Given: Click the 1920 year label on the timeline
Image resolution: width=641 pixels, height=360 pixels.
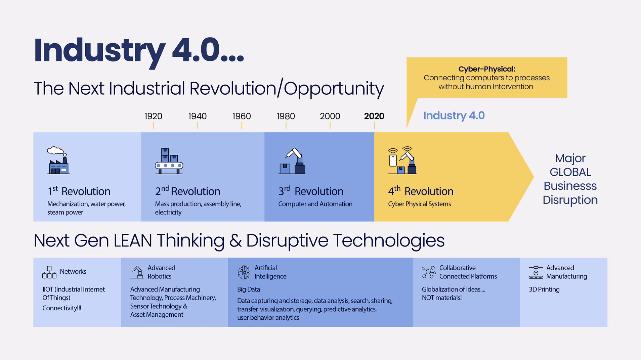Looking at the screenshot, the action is coord(153,116).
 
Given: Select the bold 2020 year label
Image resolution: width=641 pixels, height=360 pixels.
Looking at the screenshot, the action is coord(374,116).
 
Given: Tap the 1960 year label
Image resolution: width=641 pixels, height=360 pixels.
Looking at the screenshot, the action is coord(242,116).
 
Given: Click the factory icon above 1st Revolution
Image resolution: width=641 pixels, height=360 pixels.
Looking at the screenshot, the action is coord(58,161).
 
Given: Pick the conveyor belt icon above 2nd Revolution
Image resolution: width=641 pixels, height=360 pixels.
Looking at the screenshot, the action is coord(169,161).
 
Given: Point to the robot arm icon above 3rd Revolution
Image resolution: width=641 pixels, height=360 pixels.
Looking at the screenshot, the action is coord(292,161).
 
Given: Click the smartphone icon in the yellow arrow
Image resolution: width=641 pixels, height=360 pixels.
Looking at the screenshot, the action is coord(393,160).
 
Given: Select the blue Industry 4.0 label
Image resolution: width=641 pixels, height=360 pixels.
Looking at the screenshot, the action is coord(454,116).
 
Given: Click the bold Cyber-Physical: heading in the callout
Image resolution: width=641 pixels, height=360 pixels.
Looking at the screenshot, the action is coord(487,69).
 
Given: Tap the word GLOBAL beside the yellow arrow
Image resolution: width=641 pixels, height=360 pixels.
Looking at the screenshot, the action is coord(570,172).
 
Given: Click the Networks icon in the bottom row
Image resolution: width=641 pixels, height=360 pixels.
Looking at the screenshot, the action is coord(49,272).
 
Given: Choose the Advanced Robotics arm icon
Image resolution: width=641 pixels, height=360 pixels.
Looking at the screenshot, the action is coord(137,272).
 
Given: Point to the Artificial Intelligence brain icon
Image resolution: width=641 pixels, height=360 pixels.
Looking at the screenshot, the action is coord(244,272).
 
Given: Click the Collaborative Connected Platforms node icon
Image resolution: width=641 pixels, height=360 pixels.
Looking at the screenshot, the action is coord(429,272).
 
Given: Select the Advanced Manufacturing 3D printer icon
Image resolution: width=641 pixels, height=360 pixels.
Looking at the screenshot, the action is coord(536,272).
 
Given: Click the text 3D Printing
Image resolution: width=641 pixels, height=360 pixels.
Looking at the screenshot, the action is coord(544,289).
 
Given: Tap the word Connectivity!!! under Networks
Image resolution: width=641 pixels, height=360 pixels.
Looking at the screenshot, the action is coord(62,308).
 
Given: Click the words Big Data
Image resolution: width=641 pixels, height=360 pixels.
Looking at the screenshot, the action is coord(249,289).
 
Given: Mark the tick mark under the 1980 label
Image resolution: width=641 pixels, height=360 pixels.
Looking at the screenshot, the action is coord(286,125).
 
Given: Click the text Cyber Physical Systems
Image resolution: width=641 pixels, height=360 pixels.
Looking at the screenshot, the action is coord(419,204).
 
